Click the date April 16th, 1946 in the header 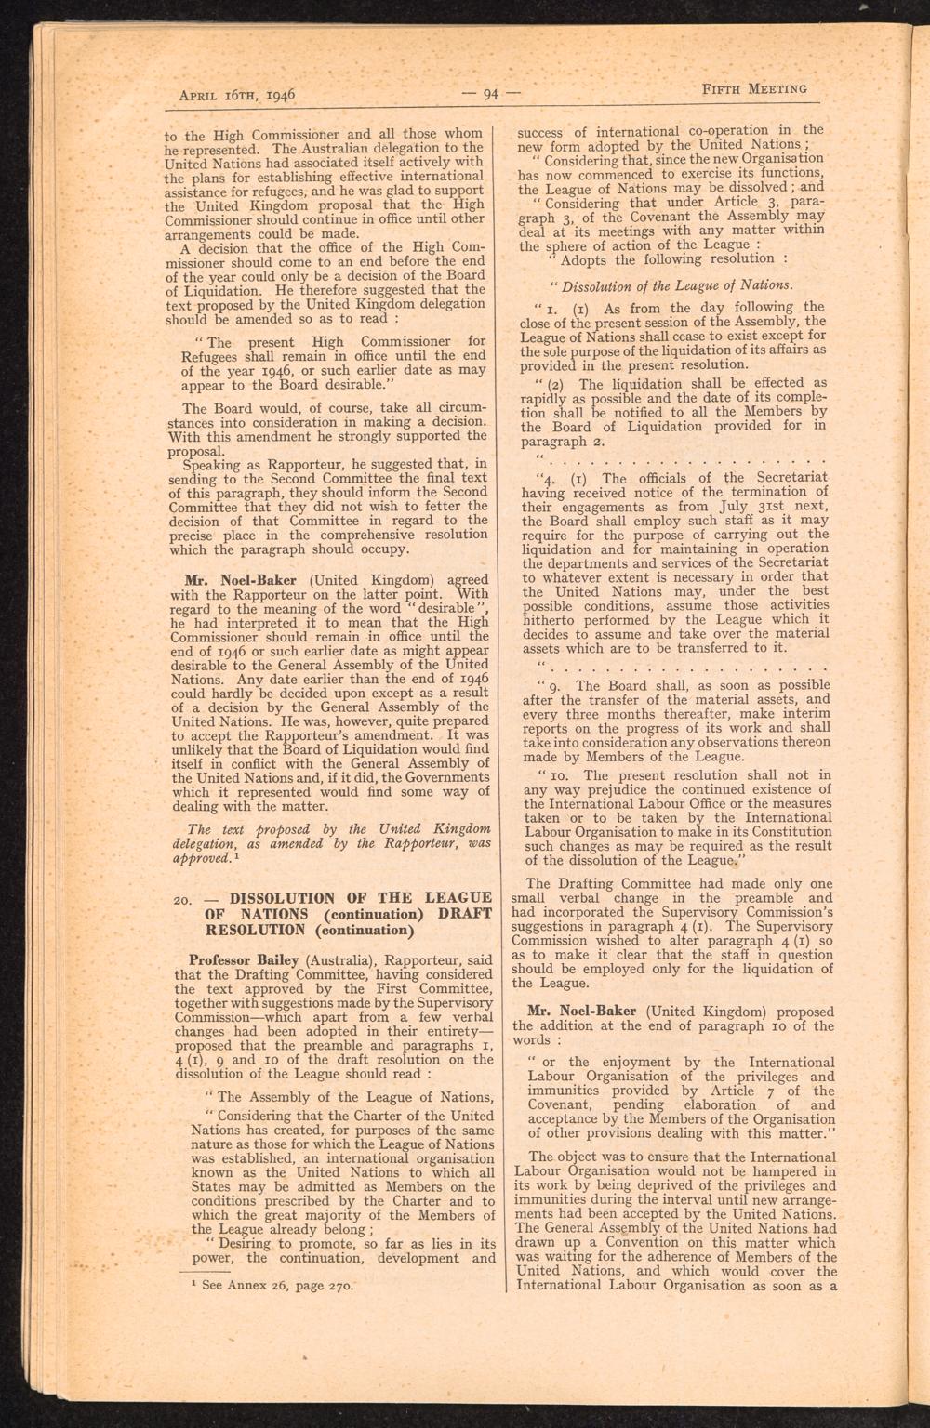tap(236, 94)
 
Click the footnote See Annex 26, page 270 tap(265, 1288)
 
